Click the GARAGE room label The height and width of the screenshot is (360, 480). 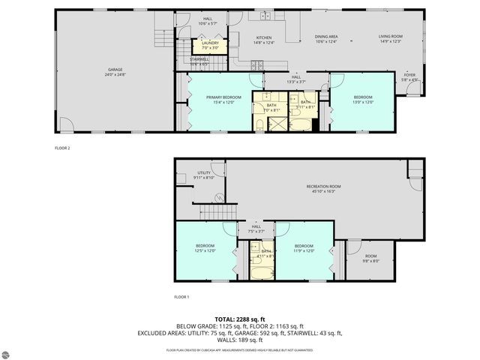click(x=115, y=70)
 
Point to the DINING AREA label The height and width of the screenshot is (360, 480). click(x=325, y=36)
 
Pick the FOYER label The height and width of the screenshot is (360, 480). click(x=409, y=75)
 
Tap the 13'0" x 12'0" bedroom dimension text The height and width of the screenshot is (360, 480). click(x=362, y=101)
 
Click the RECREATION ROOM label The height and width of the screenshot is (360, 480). click(x=323, y=186)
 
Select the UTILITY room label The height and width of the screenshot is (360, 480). click(x=204, y=172)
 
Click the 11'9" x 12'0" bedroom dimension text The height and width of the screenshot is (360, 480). click(x=303, y=250)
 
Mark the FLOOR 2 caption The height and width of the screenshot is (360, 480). click(x=62, y=148)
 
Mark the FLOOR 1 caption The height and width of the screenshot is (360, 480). click(x=181, y=297)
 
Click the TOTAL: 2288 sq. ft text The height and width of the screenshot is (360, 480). click(x=239, y=319)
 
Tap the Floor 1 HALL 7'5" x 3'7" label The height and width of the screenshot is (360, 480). click(x=256, y=229)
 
